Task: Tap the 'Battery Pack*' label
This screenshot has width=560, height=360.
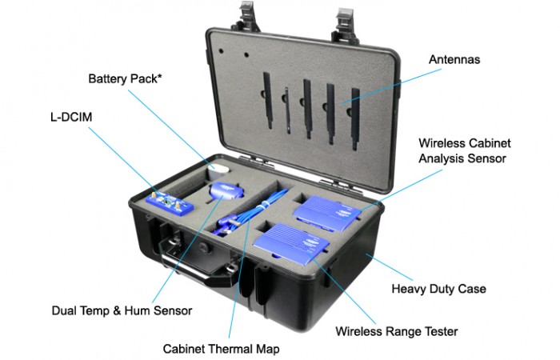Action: pos(124,79)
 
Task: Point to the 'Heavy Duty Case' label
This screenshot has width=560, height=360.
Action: pos(437,289)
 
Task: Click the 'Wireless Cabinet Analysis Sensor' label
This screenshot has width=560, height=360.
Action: pos(464,150)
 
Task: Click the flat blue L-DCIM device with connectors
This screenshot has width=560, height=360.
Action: pos(170,202)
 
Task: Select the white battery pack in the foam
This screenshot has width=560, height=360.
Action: pos(218,171)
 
